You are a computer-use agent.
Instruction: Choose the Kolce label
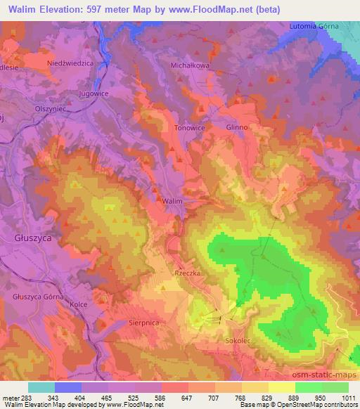click(x=79, y=304)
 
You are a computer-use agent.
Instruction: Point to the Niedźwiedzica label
click(x=70, y=63)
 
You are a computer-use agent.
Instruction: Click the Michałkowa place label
click(x=186, y=64)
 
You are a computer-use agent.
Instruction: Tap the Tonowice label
click(x=188, y=128)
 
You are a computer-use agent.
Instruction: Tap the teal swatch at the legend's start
click(x=41, y=387)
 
